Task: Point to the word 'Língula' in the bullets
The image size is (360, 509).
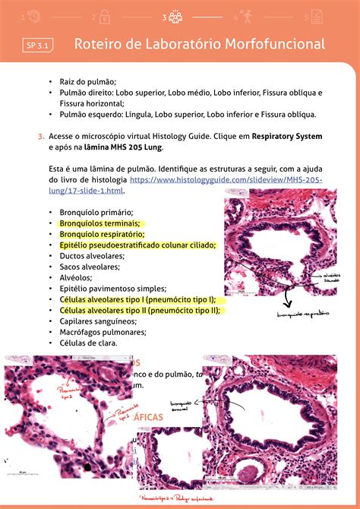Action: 136,115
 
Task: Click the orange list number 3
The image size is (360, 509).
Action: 40,136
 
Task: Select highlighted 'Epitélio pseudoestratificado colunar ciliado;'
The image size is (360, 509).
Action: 137,245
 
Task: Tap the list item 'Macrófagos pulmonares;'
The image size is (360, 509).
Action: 101,331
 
